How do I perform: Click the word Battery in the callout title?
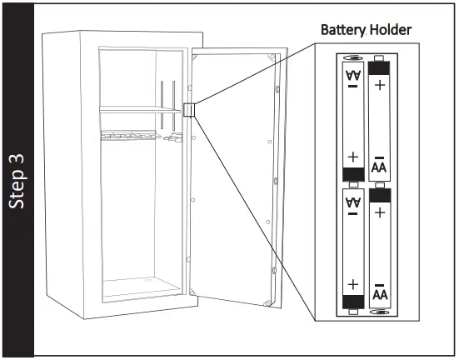point(344,31)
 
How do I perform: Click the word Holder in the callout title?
point(391,31)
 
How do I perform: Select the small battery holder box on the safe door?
point(188,110)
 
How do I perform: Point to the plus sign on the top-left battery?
point(352,156)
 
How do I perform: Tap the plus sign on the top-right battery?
point(379,86)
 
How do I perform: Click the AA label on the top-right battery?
point(379,165)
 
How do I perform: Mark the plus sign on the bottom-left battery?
point(352,282)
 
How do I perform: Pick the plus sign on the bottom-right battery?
point(379,213)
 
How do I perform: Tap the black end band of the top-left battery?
point(352,173)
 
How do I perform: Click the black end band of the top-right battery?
point(379,67)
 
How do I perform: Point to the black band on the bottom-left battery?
point(352,301)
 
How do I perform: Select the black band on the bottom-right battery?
point(379,195)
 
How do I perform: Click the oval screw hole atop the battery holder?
point(353,58)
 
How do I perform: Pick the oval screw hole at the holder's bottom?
point(380,313)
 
